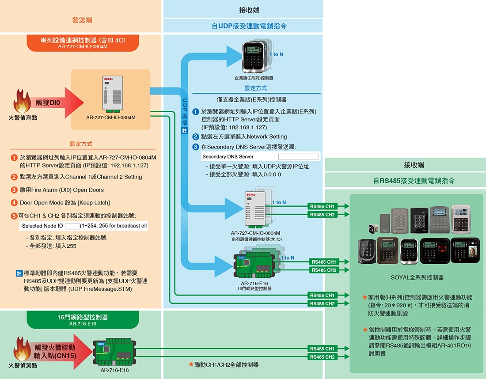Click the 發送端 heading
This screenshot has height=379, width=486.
(x=82, y=20)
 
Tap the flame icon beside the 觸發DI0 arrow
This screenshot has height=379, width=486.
(x=22, y=101)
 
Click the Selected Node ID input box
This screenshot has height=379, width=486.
(x=72, y=226)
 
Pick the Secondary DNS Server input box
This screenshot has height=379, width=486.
(x=298, y=157)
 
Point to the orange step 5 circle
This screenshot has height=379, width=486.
(x=14, y=216)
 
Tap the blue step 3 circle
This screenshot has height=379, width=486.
(x=196, y=147)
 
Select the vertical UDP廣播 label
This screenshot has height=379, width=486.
(x=185, y=113)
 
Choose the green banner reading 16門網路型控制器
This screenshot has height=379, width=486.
(x=83, y=320)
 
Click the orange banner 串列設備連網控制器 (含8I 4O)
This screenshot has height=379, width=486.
(x=83, y=42)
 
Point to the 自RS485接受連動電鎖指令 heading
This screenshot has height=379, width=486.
(x=405, y=181)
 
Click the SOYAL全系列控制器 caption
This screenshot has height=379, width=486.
(x=417, y=277)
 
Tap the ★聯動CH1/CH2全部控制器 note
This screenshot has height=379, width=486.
(x=223, y=365)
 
